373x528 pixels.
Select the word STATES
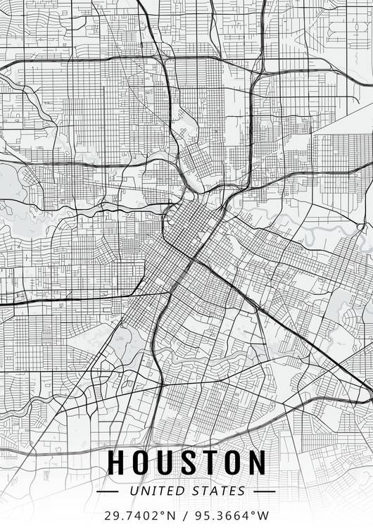pyautogui.click(x=217, y=491)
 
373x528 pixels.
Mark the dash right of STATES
pyautogui.click(x=264, y=491)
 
